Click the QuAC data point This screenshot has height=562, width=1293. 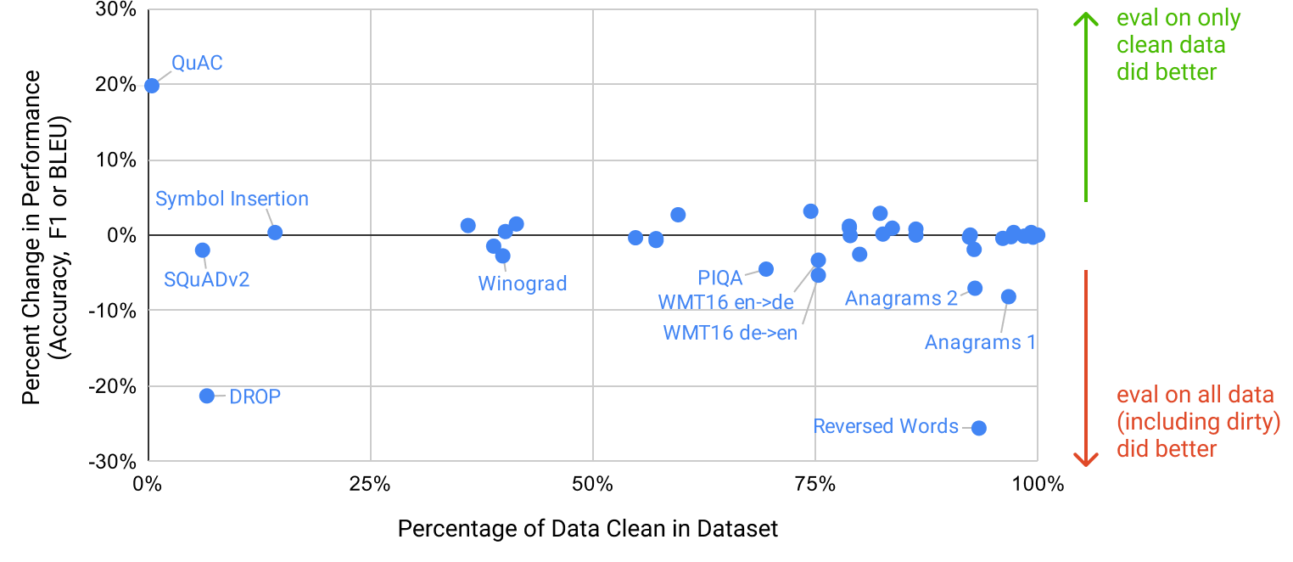[x=152, y=85]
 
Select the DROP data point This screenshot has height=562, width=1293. [x=207, y=396]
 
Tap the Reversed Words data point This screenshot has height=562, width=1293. [x=978, y=428]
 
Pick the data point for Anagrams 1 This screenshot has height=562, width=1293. [x=1008, y=296]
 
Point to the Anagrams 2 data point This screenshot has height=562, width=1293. [x=975, y=289]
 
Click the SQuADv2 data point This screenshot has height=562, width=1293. [x=202, y=250]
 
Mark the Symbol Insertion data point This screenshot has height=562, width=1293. [x=275, y=232]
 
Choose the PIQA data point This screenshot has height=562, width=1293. [x=765, y=268]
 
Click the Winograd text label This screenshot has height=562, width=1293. [x=522, y=284]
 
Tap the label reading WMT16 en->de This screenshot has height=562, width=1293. [x=725, y=302]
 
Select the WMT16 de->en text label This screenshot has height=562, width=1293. [x=729, y=333]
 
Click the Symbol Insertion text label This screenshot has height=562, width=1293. [x=232, y=199]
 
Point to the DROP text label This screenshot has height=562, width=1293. [x=255, y=396]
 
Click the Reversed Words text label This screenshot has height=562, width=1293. [x=885, y=426]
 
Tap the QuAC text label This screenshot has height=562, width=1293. [x=197, y=63]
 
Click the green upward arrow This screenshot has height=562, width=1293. [x=1085, y=106]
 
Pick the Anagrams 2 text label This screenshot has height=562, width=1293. [x=900, y=299]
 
